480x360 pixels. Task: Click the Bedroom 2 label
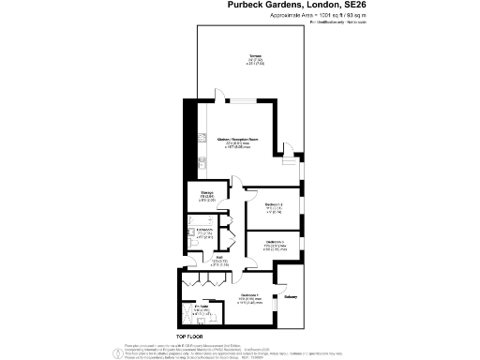click(275, 204)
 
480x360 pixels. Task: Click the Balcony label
click(291, 299)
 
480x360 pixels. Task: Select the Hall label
click(217, 258)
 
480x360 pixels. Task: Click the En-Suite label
click(201, 307)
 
